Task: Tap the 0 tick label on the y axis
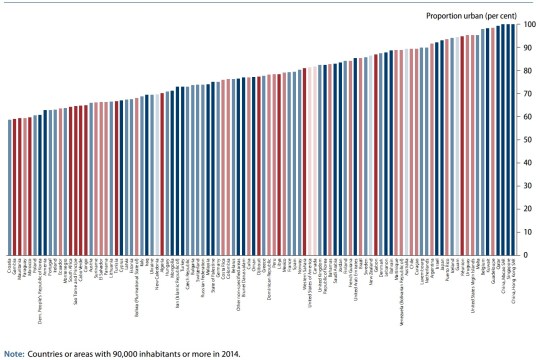pyautogui.click(x=528, y=255)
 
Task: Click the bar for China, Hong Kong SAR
pyautogui.click(x=514, y=140)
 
